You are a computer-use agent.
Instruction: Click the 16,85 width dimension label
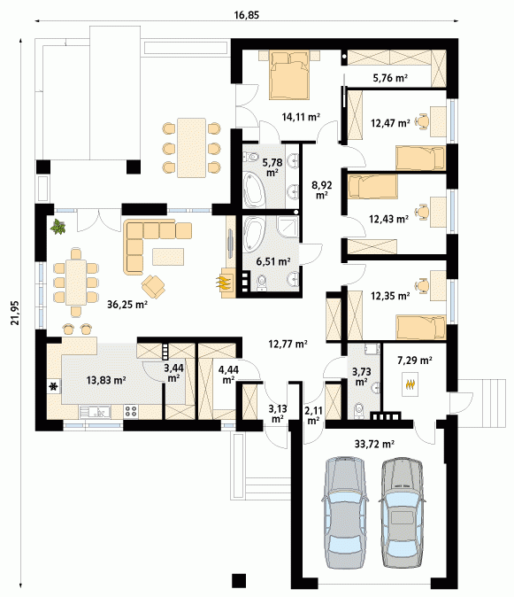pyautogui.click(x=246, y=15)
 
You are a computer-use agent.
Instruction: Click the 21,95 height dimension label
pyautogui.click(x=15, y=313)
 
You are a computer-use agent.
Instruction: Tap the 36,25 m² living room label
pyautogui.click(x=127, y=304)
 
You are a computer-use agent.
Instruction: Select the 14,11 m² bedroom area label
pyautogui.click(x=300, y=117)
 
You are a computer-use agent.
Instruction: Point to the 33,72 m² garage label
pyautogui.click(x=374, y=444)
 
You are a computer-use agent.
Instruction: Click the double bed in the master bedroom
pyautogui.click(x=289, y=75)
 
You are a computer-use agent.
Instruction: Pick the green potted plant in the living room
pyautogui.click(x=58, y=227)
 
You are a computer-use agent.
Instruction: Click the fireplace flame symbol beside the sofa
pyautogui.click(x=223, y=282)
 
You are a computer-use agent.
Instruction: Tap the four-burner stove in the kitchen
pyautogui.click(x=131, y=411)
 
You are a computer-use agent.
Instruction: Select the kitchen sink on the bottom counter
pyautogui.click(x=95, y=412)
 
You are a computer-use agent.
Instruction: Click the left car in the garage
pyautogui.click(x=345, y=513)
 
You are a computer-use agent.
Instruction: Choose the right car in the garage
pyautogui.click(x=401, y=513)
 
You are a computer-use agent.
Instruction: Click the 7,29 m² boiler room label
pyautogui.click(x=414, y=361)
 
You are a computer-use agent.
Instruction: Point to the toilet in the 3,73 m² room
pyautogui.click(x=358, y=411)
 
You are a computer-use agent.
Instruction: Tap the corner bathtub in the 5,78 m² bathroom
pyautogui.click(x=254, y=190)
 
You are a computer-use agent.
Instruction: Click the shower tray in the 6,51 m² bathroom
pyautogui.click(x=288, y=227)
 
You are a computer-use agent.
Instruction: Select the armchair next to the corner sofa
pyautogui.click(x=153, y=286)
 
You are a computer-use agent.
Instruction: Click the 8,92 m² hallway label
pyautogui.click(x=322, y=190)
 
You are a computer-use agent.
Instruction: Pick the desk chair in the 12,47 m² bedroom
pyautogui.click(x=422, y=121)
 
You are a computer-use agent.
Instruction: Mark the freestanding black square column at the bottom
pyautogui.click(x=239, y=580)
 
